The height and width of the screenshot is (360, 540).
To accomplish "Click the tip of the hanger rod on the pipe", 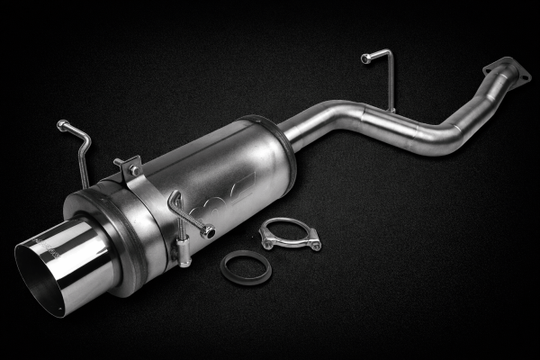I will click(365, 58).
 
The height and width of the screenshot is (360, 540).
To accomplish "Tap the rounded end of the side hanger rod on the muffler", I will click(209, 231).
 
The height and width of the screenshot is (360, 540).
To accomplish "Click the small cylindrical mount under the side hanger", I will click(184, 260).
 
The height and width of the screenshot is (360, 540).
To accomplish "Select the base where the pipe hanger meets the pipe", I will click(391, 110).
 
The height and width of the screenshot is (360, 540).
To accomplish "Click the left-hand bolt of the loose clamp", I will click(266, 239).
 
